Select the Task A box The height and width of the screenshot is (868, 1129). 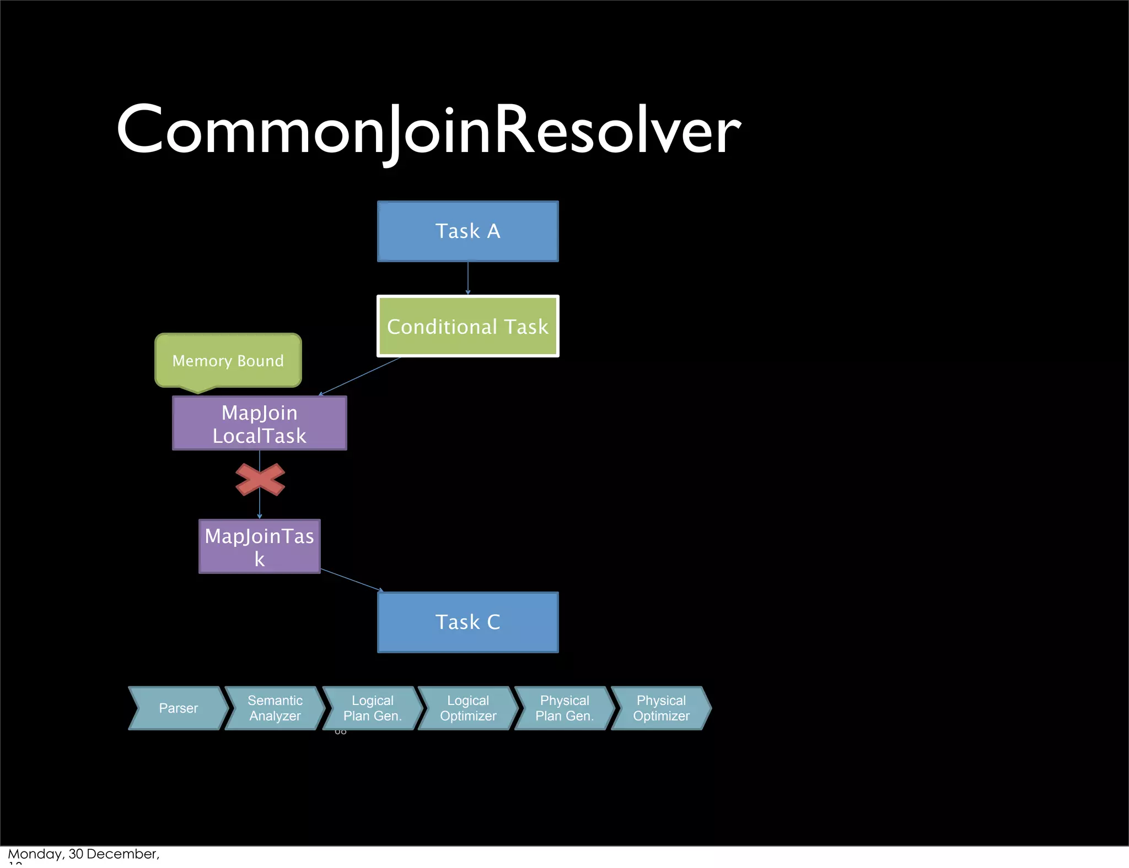pos(467,231)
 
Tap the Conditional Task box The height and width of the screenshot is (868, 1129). pos(467,326)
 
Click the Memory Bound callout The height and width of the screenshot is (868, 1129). pos(228,360)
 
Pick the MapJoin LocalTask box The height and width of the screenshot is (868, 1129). pos(259,424)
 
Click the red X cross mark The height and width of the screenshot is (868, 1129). pos(260,479)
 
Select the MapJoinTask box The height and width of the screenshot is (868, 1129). pos(259,546)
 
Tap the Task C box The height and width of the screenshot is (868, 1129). pos(467,622)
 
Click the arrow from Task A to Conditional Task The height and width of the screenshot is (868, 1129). pos(467,278)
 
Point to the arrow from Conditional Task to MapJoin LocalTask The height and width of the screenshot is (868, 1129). pos(359,376)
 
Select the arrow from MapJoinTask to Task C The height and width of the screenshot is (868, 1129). pos(351,580)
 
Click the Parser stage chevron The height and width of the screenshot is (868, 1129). pos(178,708)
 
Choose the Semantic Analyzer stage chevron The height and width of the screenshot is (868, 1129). pos(275,708)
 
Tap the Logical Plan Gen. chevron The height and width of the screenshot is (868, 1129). pos(372,708)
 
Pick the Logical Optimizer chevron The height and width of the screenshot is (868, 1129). pos(468,708)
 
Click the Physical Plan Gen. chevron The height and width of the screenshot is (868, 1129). pos(564,708)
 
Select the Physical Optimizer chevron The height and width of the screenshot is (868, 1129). pos(661,708)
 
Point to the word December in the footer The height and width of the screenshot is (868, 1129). pos(122,854)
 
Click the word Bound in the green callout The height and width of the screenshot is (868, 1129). pos(260,361)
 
